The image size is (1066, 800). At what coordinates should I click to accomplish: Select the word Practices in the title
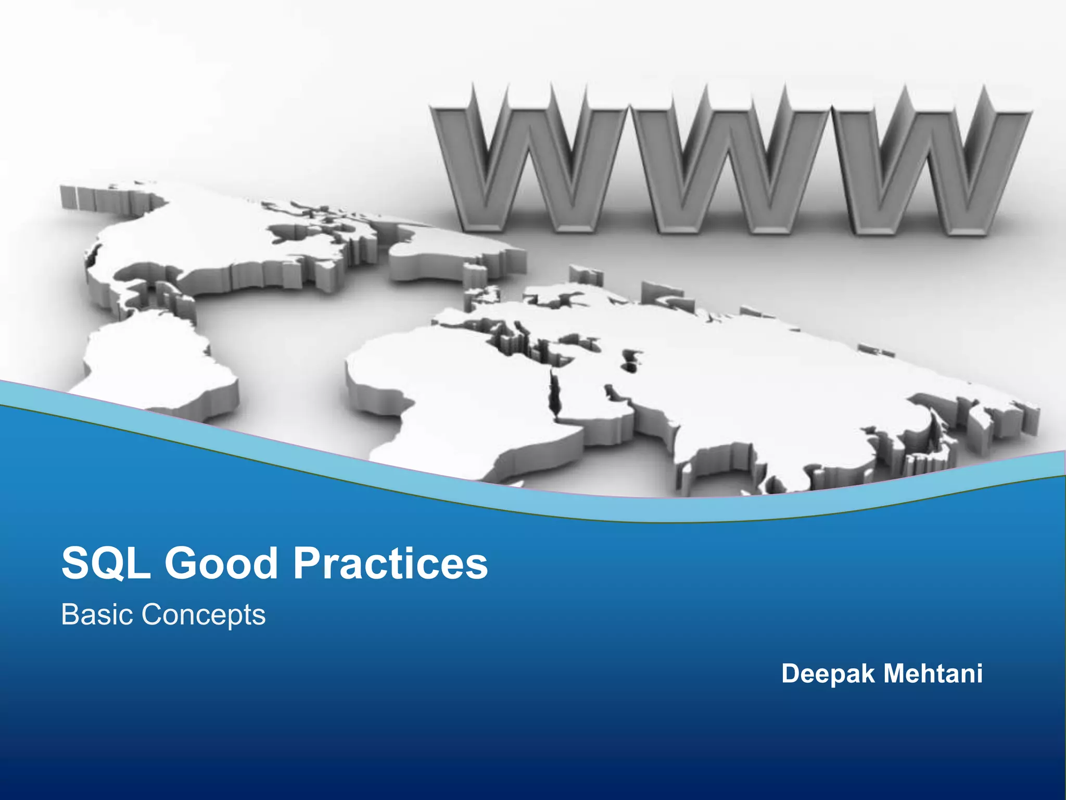point(391,564)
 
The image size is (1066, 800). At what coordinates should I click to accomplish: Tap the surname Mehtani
point(933,673)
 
